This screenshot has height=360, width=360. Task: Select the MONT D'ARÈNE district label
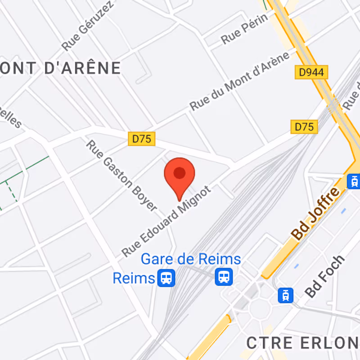61,68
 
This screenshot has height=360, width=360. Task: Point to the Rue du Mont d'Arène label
239,81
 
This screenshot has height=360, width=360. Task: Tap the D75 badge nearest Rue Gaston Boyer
142,139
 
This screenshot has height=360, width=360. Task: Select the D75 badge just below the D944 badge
304,127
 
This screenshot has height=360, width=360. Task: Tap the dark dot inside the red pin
180,173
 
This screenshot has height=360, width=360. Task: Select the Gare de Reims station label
191,260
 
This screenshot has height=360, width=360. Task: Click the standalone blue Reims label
134,278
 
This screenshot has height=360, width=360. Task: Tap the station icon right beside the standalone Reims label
166,278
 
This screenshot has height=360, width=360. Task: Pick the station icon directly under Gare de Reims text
223,276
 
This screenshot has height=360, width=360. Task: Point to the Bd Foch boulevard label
324,276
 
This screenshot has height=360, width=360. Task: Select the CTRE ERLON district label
302,343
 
